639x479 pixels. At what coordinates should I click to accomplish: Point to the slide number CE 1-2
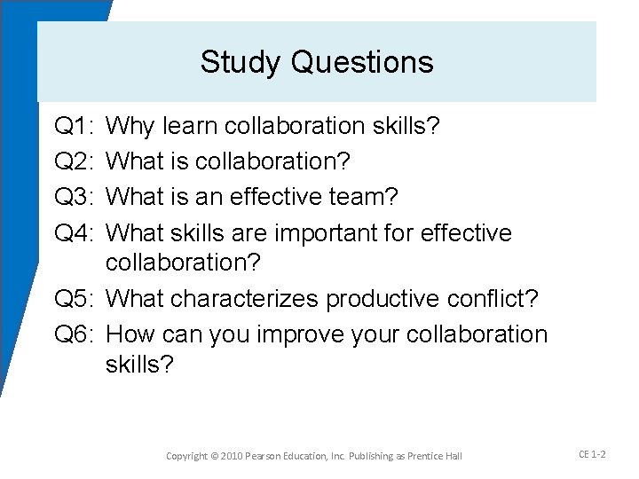coord(591,453)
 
